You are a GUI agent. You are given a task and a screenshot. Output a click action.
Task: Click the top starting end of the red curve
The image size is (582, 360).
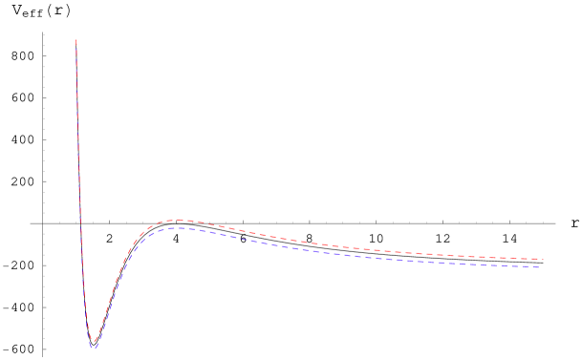pos(76,40)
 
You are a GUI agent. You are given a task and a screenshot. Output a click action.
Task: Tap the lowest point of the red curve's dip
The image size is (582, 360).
pos(93,342)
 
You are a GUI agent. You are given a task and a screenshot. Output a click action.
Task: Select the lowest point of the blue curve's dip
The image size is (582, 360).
pos(94,349)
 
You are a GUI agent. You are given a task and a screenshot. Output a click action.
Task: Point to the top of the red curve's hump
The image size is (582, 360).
pos(173,220)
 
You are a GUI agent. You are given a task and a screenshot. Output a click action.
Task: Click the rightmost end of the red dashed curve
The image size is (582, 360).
pos(543,259)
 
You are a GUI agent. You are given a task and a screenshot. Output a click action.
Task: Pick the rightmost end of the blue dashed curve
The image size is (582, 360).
pos(539,267)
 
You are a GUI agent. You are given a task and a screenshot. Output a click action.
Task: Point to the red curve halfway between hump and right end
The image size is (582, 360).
pos(358,248)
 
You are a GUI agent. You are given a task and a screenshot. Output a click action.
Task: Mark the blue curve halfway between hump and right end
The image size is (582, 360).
pos(358,256)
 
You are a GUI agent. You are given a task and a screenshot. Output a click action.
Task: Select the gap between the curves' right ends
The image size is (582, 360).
pos(540,264)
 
